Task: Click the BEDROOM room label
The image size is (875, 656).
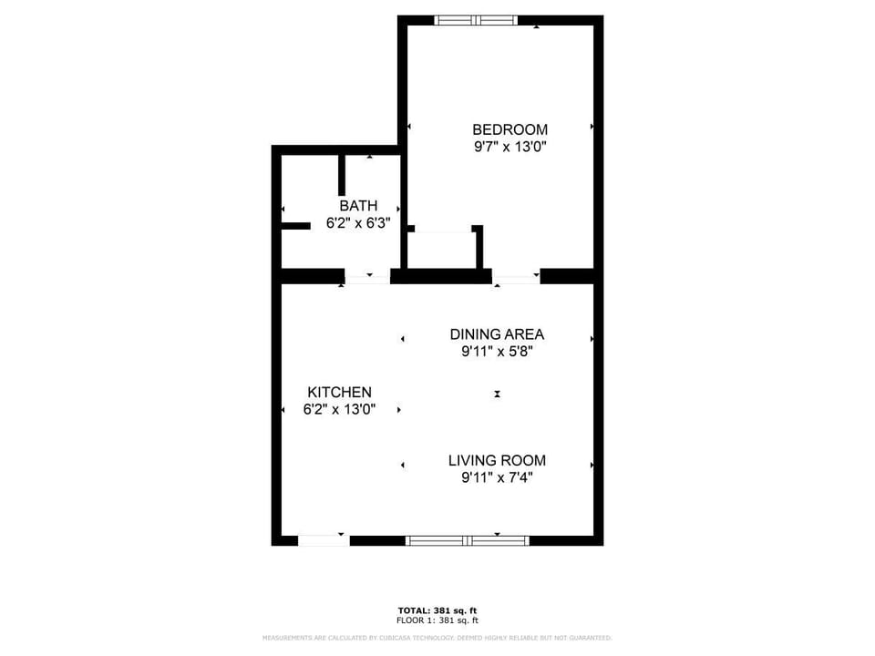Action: (510, 129)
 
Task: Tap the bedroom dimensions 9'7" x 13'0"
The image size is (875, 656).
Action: (510, 146)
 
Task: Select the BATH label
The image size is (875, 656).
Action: (358, 206)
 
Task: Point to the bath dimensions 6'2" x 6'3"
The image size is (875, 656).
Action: (358, 222)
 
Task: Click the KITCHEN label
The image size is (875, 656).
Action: (339, 392)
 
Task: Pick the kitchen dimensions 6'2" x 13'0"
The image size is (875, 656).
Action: (339, 409)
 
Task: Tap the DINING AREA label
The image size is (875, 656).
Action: (497, 334)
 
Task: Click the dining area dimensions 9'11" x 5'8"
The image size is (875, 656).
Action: (497, 351)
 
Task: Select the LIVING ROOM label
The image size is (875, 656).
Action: (497, 460)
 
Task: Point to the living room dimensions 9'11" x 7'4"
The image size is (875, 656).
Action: (497, 477)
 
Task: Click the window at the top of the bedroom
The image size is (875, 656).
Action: (476, 20)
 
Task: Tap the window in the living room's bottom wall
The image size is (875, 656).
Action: (467, 540)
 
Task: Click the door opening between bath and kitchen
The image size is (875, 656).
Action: (367, 276)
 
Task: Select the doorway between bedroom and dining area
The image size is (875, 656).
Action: (516, 276)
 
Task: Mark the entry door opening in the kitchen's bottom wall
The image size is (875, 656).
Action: (324, 540)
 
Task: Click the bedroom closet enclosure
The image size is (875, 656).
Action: (442, 250)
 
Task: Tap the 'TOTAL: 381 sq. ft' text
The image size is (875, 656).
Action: (437, 610)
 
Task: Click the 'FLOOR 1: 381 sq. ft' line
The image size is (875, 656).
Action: (437, 620)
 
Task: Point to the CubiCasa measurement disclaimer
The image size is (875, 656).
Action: (437, 638)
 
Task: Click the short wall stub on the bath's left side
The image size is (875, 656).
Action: (295, 226)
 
